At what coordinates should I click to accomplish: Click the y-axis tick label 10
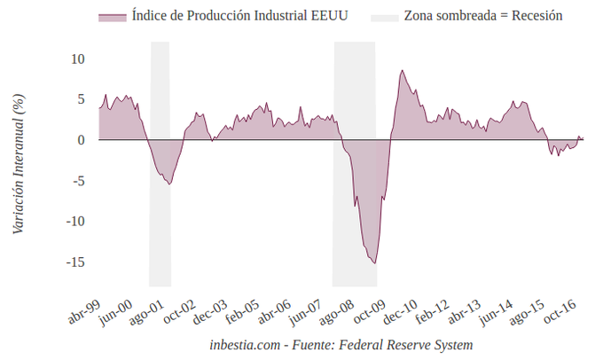78,59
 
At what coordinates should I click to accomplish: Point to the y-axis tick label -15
75,262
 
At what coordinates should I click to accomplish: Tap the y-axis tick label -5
78,181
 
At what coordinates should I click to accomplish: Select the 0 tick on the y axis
81,140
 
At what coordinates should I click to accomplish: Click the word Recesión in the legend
536,16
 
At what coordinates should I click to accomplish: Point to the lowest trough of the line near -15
375,262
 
